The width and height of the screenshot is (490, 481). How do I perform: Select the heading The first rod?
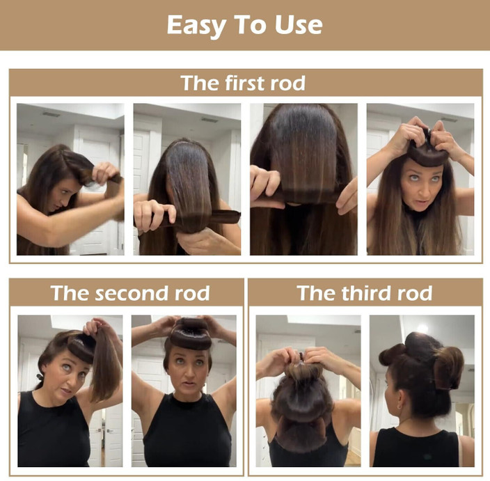pos(243,83)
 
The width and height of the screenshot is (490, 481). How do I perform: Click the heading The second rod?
pos(129,293)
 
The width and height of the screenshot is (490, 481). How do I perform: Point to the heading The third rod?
pos(364,293)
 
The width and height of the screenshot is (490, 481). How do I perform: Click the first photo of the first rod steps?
pos(70,180)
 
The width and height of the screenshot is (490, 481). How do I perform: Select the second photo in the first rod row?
pos(187,180)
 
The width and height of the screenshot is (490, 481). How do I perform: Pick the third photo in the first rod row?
pos(303,180)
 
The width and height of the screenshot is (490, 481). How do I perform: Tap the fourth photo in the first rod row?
pos(420,180)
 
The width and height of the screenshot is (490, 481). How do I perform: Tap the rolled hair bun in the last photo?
pos(448,368)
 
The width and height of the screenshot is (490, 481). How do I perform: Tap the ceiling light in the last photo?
pos(422,328)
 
